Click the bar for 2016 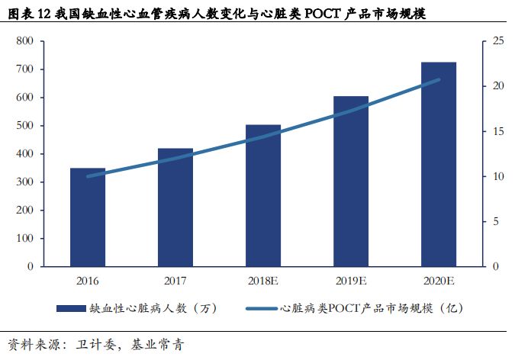tap(88, 217)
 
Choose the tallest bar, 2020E tap(439, 164)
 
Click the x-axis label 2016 tap(88, 281)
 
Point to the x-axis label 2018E tap(263, 281)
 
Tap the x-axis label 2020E tap(439, 281)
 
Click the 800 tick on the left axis tap(24, 41)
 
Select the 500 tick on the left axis tap(24, 126)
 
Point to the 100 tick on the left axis tap(24, 239)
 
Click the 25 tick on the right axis tap(498, 41)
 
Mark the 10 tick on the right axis tap(498, 176)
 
